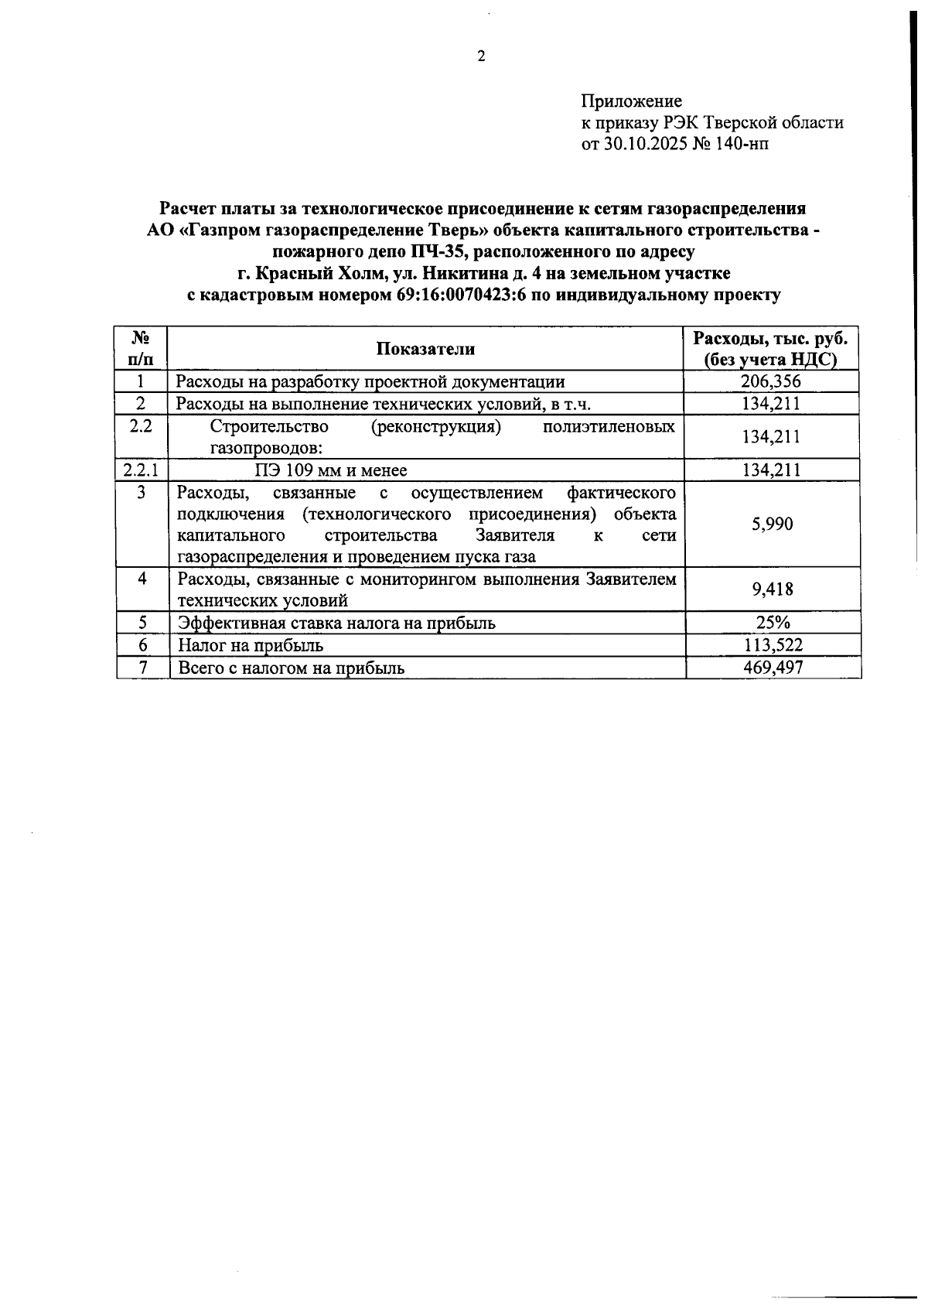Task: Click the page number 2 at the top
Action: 480,56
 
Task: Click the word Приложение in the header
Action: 631,101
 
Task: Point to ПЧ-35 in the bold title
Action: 438,251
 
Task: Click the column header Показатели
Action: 425,349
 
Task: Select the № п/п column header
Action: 141,349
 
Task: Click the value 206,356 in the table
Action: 771,381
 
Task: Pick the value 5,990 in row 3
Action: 772,524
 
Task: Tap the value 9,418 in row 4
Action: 772,589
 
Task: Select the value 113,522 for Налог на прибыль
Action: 772,645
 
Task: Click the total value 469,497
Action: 772,668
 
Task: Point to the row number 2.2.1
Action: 141,470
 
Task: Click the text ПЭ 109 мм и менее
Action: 331,470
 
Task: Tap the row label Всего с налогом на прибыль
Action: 291,668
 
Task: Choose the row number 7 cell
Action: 142,668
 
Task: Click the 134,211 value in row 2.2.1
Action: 771,470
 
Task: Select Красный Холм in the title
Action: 310,273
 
